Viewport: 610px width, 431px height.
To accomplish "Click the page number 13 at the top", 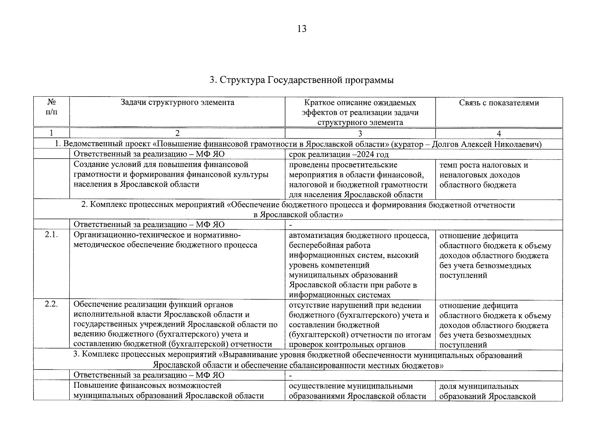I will [302, 29].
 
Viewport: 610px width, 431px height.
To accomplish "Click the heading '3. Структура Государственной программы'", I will [302, 80].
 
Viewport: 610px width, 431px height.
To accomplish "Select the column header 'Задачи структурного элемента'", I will [177, 103].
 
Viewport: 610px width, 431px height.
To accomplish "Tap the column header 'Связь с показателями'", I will [499, 103].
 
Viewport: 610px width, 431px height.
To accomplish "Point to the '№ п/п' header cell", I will [51, 107].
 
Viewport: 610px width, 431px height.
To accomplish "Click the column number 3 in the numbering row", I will [360, 133].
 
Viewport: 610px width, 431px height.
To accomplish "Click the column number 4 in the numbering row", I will [499, 133].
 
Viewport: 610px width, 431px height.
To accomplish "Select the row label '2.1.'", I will [51, 235].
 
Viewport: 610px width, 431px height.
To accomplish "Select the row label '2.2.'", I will [51, 305].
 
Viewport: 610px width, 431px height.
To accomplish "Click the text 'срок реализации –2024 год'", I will [339, 155].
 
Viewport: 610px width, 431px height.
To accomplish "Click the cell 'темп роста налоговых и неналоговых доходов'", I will [484, 175].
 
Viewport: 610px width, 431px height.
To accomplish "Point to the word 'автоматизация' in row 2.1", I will [316, 236].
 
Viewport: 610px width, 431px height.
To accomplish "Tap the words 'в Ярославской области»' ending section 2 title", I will [298, 215].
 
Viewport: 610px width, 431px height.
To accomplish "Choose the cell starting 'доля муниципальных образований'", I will [487, 391].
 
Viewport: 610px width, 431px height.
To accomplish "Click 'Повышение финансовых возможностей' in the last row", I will [147, 386].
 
